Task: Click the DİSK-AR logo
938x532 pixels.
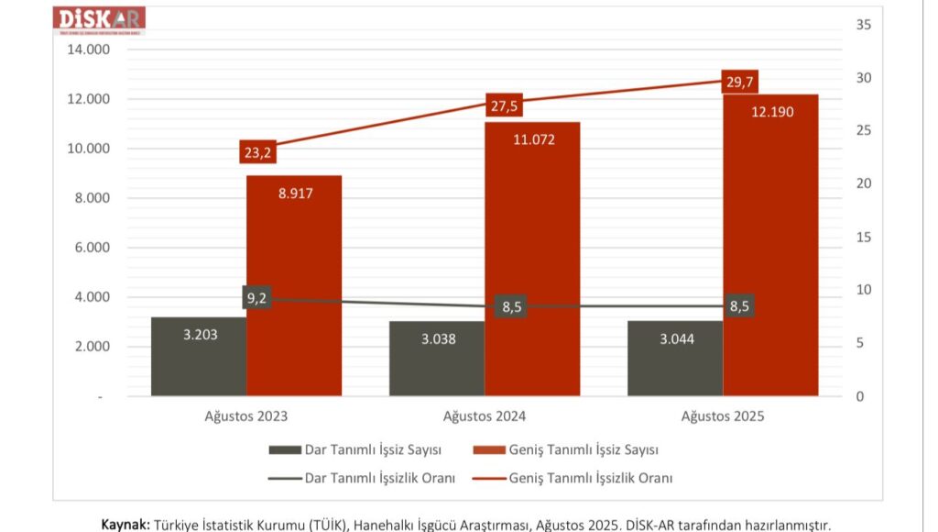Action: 100,19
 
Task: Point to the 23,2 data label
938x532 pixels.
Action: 257,151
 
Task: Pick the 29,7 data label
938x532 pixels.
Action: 738,83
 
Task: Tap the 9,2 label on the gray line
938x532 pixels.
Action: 256,297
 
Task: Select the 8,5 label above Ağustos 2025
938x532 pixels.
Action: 738,306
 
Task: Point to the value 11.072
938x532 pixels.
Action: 532,139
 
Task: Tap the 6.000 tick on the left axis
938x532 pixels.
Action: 92,248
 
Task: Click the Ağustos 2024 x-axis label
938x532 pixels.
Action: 485,416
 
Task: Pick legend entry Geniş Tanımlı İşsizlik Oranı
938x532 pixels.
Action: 591,478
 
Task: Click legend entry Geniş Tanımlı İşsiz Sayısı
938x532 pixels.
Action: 584,450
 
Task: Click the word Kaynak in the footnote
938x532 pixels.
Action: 125,525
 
